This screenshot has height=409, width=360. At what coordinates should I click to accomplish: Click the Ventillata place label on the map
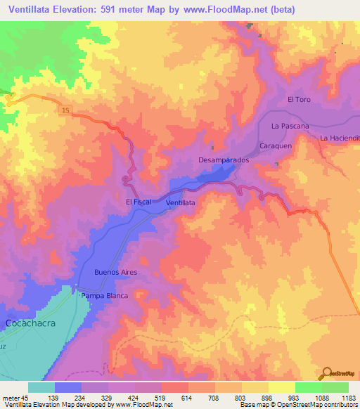tap(180, 202)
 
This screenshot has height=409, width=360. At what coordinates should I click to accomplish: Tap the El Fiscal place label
tap(138, 202)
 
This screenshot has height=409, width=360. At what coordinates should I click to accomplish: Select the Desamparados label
tap(224, 160)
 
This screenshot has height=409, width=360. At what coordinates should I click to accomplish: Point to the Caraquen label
tap(276, 145)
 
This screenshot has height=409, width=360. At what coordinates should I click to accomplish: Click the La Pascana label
tap(290, 126)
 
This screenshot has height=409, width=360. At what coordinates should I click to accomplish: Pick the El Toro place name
tap(299, 100)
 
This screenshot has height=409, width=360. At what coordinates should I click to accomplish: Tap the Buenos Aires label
tap(115, 272)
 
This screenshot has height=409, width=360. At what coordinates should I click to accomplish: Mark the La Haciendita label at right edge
tap(340, 138)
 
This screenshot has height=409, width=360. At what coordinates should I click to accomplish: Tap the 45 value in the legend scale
tap(25, 397)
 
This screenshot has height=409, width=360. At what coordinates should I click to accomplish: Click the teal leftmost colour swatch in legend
tap(41, 387)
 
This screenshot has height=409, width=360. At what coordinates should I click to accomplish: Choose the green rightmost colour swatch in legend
tap(335, 387)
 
